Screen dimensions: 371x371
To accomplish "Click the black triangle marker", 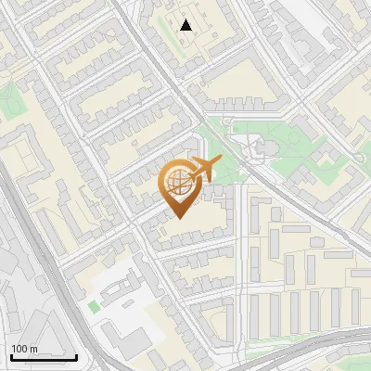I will (x=187, y=25).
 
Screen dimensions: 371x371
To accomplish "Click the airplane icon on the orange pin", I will (x=203, y=170).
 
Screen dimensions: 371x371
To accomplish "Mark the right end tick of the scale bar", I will (x=76, y=355).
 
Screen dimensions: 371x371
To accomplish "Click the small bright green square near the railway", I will (x=94, y=305).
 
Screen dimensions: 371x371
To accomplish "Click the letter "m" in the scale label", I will (x=34, y=349).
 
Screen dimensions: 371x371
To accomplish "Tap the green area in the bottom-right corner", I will (x=362, y=357).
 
